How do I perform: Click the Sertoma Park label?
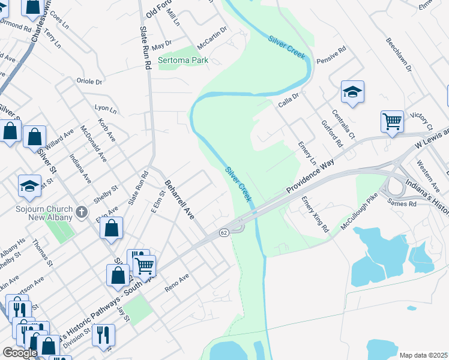[x=182, y=61]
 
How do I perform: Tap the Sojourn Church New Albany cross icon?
[x=83, y=212]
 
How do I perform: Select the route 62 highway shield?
[x=223, y=232]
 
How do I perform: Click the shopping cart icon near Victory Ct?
[x=392, y=121]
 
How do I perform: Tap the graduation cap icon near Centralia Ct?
[x=352, y=91]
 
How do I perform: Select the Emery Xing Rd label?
[x=315, y=214]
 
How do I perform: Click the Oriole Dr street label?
[x=89, y=81]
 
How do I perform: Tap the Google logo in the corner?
[x=20, y=353]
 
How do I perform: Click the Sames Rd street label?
[x=404, y=204]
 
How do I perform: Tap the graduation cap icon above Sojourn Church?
[x=29, y=187]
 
